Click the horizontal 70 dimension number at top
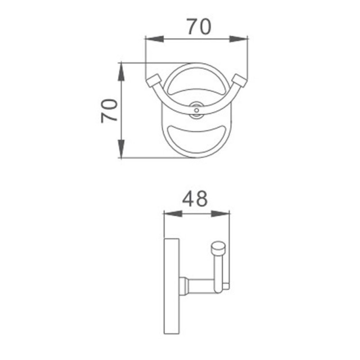[x=199, y=27]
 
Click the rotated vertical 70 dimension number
[x=109, y=111]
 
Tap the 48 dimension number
[x=195, y=198]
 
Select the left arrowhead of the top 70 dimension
[x=154, y=39]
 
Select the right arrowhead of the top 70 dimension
[x=239, y=39]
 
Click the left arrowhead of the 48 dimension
[x=173, y=214]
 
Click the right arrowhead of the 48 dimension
[x=220, y=214]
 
